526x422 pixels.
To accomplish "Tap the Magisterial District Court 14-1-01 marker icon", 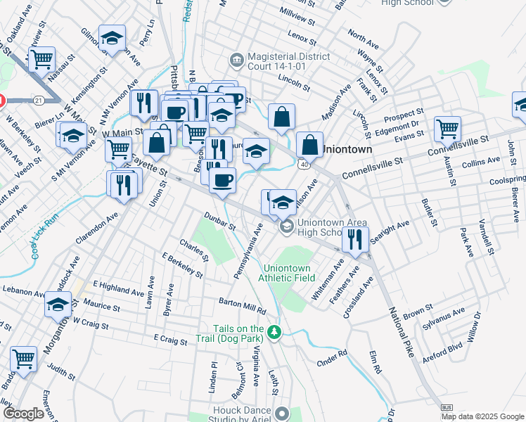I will pyautogui.click(x=236, y=58).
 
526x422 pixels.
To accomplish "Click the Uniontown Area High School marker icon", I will pyautogui.click(x=287, y=226).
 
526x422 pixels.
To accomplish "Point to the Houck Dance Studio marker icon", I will pyautogui.click(x=282, y=413).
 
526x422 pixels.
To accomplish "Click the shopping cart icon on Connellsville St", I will pyautogui.click(x=447, y=128).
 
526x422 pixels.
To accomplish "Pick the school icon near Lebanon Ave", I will pyautogui.click(x=58, y=304).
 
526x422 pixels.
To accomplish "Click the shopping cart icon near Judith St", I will pyautogui.click(x=24, y=359).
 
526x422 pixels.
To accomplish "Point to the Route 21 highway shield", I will pyautogui.click(x=39, y=101).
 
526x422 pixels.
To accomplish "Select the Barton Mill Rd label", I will pyautogui.click(x=243, y=305).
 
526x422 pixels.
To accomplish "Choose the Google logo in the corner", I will pyautogui.click(x=24, y=414).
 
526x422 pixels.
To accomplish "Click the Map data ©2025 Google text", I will pyautogui.click(x=482, y=416).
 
